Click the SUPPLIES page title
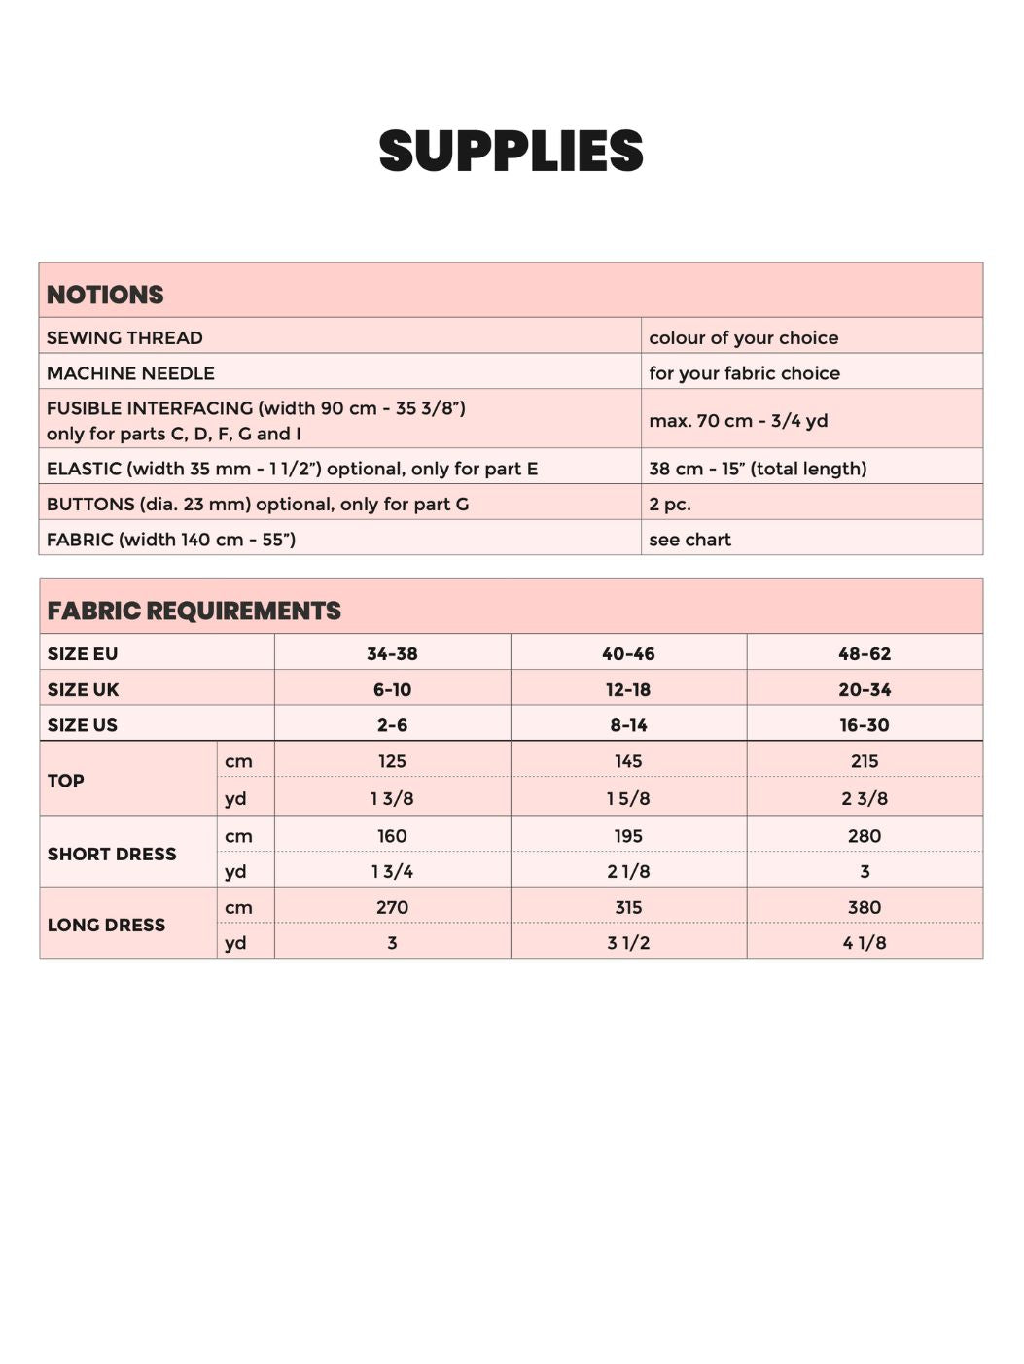(x=512, y=152)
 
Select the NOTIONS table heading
(x=105, y=295)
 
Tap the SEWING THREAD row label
(x=124, y=337)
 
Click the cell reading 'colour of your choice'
(x=743, y=337)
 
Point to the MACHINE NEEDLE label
(x=130, y=373)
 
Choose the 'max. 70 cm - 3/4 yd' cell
(x=738, y=420)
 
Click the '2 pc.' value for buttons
(x=670, y=504)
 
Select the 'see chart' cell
(x=689, y=540)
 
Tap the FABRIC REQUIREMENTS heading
(x=194, y=611)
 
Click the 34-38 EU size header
(x=392, y=654)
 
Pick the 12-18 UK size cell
(x=628, y=690)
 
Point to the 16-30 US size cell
(x=865, y=725)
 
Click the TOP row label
(x=66, y=780)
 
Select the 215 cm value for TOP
(x=865, y=761)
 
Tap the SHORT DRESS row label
(x=112, y=854)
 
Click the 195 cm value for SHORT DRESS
(x=628, y=836)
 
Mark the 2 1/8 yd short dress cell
(x=628, y=872)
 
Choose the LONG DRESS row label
(x=106, y=925)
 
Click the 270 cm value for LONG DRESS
(x=392, y=907)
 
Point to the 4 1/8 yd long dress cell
(x=865, y=943)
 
